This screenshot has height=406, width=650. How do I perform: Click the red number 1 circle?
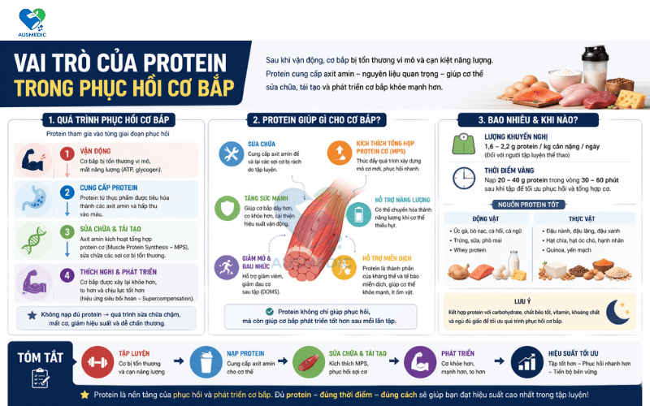click(x=67, y=153)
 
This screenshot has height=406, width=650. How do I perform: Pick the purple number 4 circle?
click(x=67, y=274)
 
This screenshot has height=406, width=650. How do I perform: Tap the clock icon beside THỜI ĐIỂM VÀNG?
click(x=464, y=178)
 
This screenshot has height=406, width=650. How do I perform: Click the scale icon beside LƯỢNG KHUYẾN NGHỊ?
click(x=463, y=144)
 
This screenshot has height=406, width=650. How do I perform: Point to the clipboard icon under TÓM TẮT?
click(x=40, y=377)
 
